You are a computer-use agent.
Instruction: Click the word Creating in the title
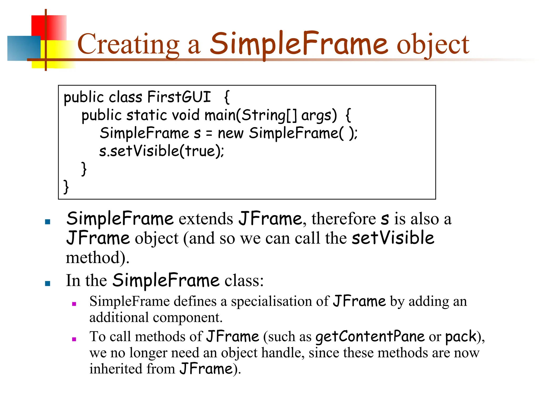pos(128,44)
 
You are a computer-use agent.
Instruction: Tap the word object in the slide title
pos(433,45)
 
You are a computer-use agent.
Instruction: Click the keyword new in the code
pos(231,133)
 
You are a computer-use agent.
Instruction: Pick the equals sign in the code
pos(209,134)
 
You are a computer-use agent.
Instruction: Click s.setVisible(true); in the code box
pos(162,151)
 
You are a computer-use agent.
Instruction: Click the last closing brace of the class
pos(66,187)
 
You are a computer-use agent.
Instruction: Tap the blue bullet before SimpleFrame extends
pos(48,222)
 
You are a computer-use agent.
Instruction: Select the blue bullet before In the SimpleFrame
pos(48,283)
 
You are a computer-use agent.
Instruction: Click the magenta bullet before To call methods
pos(74,339)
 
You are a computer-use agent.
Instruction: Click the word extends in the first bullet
pos(206,219)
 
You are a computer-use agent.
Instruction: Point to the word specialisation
pos(280,301)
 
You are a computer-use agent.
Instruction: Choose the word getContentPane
pos(370,337)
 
